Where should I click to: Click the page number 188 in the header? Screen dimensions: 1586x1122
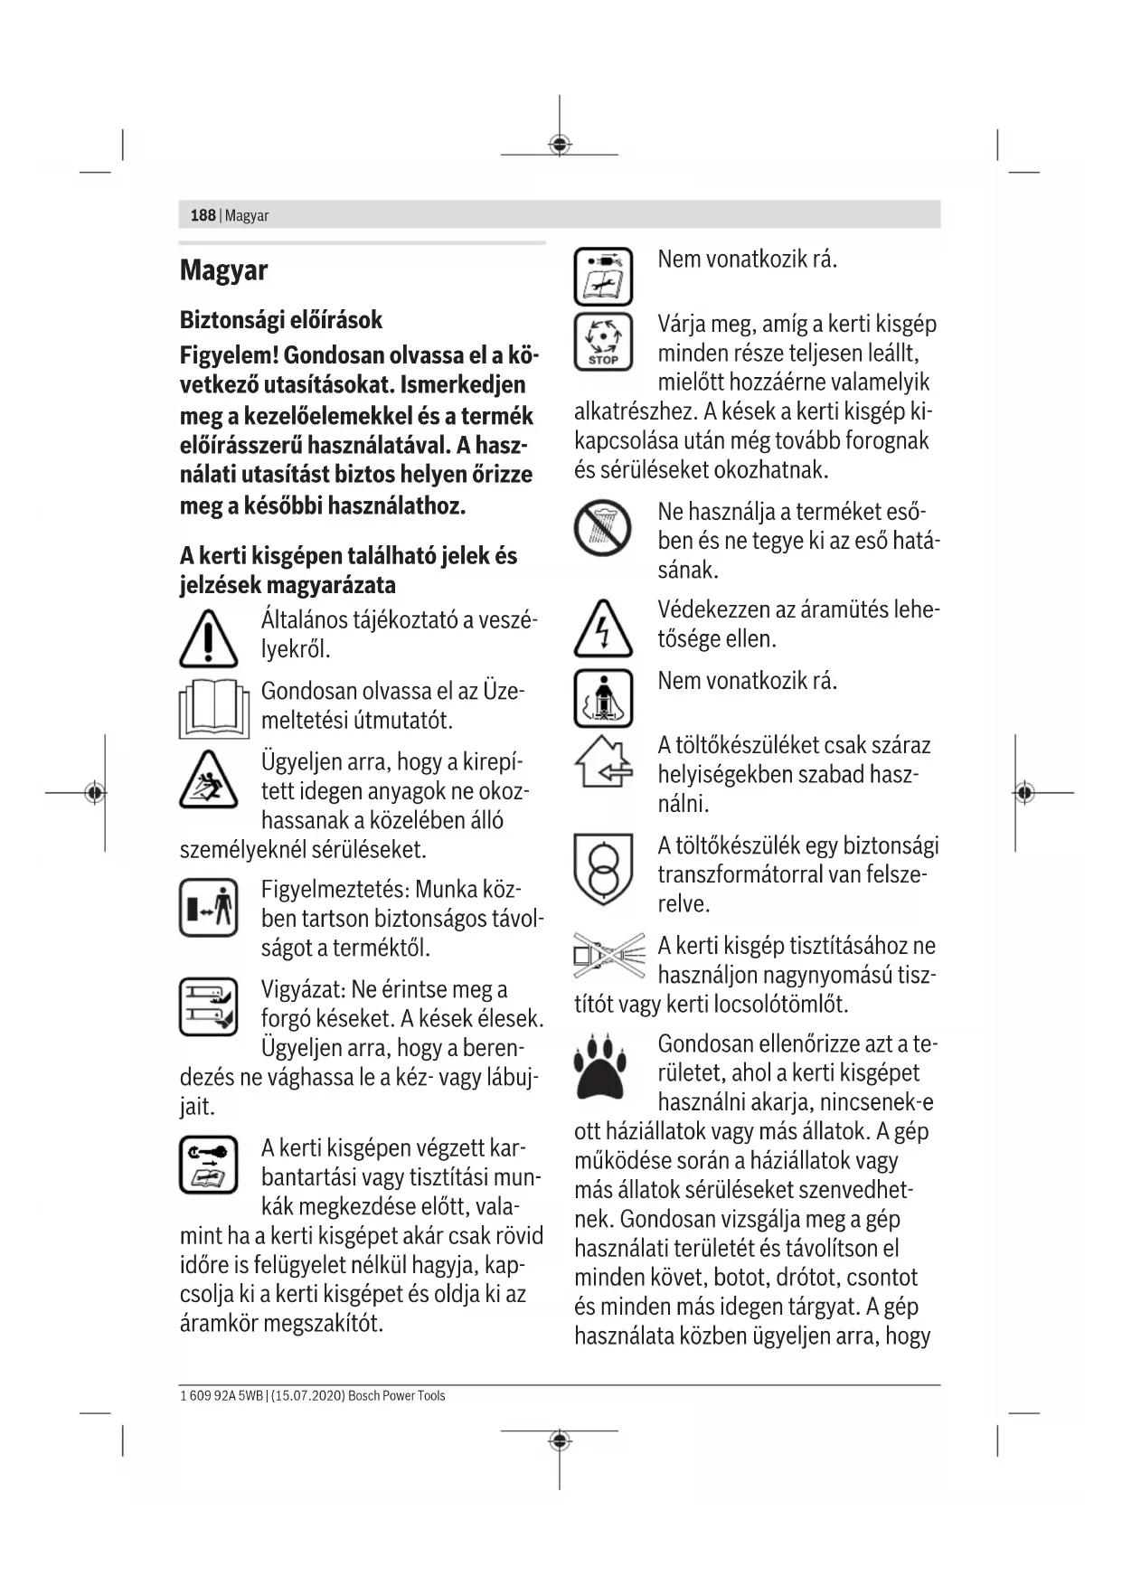203,215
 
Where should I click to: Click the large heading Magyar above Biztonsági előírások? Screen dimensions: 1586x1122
223,270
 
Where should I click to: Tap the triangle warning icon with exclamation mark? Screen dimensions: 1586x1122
209,638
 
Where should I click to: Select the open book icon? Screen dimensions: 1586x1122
214,709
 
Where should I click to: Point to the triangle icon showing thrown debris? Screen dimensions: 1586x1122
209,780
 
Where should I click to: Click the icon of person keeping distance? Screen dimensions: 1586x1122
209,907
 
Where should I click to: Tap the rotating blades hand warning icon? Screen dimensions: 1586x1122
209,1006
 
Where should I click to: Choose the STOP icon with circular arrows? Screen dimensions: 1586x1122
603,342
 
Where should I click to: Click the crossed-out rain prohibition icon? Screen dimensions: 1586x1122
603,528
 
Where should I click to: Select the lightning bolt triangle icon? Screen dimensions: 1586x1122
603,629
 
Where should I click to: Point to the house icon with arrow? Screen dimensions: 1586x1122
603,761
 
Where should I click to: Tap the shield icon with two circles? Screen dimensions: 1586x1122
603,868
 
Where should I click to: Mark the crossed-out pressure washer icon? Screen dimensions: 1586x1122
609,956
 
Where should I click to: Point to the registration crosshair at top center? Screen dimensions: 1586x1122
560,145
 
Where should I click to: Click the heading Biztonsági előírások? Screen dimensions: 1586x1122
280,320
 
